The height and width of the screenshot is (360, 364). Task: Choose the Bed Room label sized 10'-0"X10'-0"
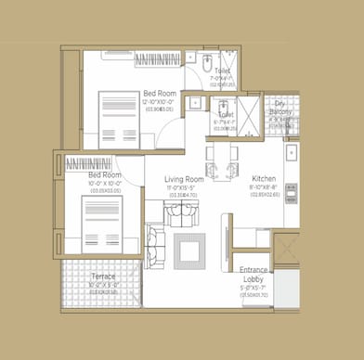[x=104, y=174]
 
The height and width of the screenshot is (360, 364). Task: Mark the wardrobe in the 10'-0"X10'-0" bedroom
[x=91, y=163]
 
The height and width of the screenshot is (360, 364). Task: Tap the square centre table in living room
[x=190, y=250]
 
